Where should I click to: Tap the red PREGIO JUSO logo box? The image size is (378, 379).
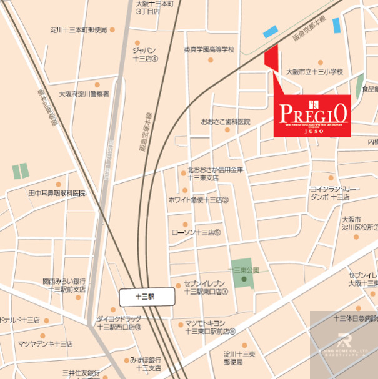(312, 115)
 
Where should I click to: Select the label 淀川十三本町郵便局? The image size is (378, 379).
(79, 29)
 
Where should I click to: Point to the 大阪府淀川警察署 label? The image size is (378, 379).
(84, 94)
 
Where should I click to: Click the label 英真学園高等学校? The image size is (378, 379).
(209, 49)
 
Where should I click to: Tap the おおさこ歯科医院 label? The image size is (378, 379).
(225, 121)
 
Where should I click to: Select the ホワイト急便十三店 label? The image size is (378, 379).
(199, 200)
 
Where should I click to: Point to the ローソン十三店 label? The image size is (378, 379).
(196, 232)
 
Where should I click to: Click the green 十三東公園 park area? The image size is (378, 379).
(242, 274)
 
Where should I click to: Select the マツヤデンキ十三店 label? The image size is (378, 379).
(45, 344)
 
